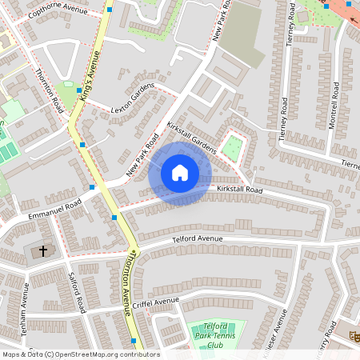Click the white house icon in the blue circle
tap(179, 173)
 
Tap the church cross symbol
tap(43, 251)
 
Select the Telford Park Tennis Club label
tap(213, 337)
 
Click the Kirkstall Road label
tap(240, 190)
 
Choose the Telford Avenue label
tap(197, 238)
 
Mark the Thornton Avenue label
tap(126, 283)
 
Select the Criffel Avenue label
tap(156, 301)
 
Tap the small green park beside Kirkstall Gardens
tap(232, 147)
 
